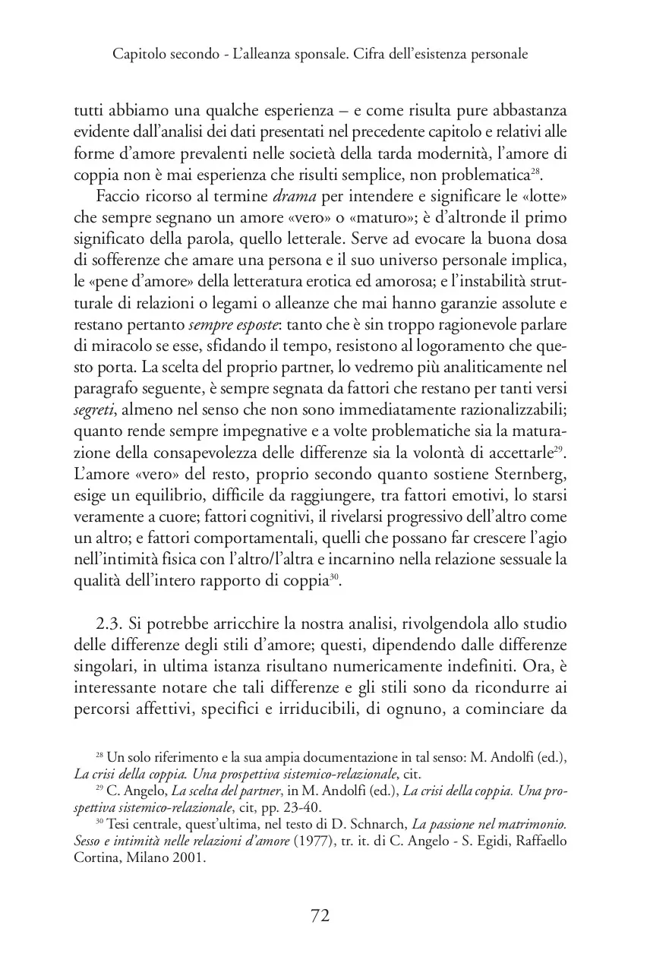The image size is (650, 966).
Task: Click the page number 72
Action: tap(320, 916)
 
